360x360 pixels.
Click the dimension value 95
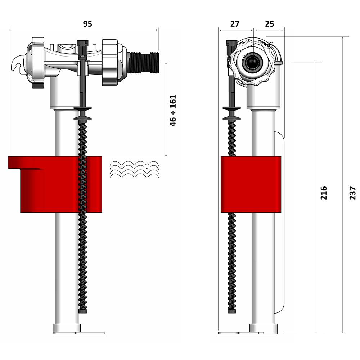(87, 24)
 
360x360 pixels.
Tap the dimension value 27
(235, 24)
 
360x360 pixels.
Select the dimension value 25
(269, 24)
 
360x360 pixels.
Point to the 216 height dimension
(324, 193)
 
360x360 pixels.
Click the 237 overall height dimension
(352, 193)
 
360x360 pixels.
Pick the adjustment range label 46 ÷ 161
(173, 110)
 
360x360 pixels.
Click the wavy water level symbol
(134, 169)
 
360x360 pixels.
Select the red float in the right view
(251, 184)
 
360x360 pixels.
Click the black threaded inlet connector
(144, 62)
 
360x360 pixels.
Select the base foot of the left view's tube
(67, 328)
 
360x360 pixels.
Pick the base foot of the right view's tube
(263, 328)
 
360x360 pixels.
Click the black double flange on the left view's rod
(82, 113)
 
